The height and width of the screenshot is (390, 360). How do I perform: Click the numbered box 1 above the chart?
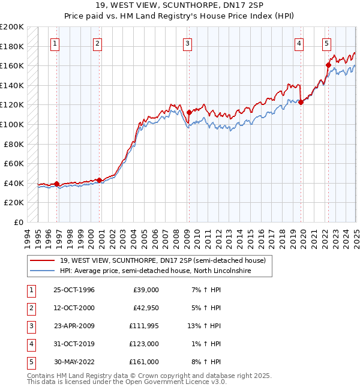[55, 43]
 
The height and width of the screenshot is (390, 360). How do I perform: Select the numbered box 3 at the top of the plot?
[188, 43]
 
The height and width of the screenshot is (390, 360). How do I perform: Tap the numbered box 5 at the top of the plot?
[326, 43]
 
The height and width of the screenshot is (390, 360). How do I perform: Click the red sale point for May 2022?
[328, 65]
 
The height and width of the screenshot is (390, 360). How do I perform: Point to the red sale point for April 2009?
[189, 112]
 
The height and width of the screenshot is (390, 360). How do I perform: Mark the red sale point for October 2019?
[301, 102]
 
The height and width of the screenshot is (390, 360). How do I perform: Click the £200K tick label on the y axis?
[12, 27]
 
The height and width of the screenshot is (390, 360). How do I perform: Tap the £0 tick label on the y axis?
[19, 222]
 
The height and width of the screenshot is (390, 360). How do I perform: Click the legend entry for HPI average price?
[151, 271]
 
